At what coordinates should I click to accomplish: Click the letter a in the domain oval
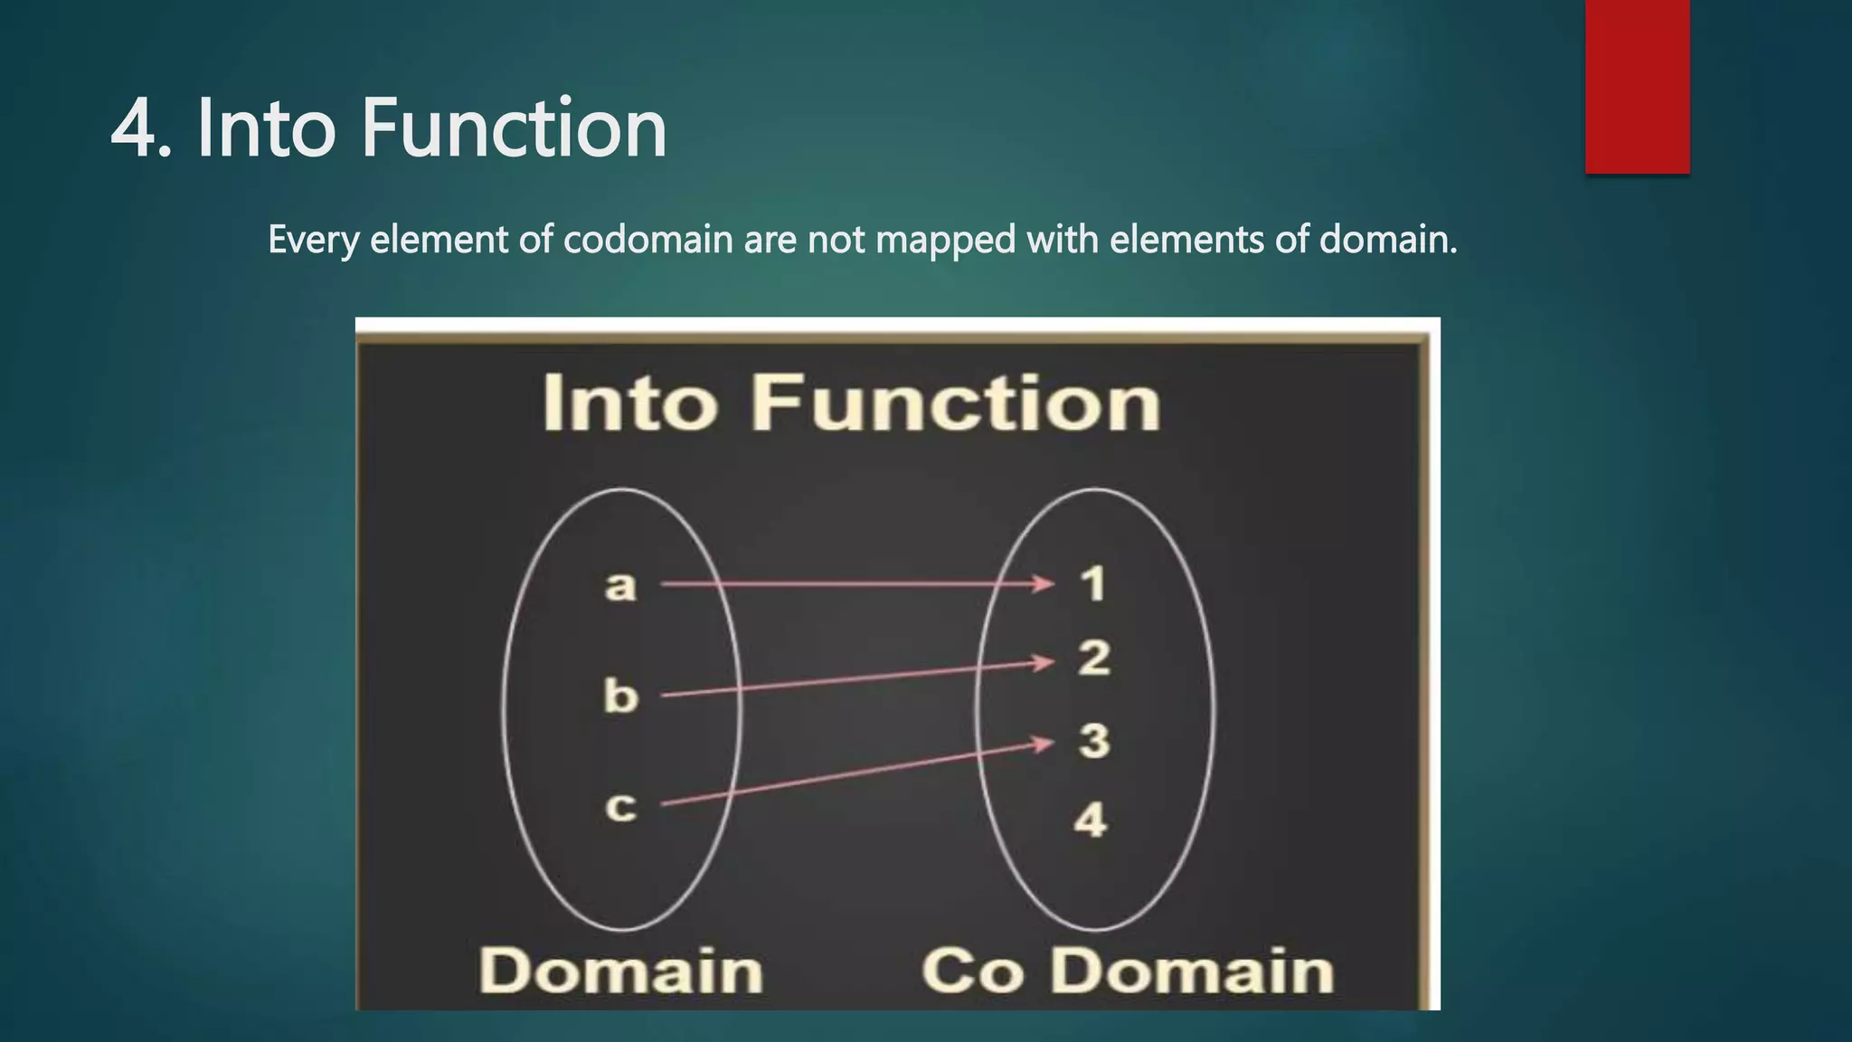coord(620,586)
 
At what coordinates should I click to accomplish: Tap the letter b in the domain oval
coord(620,696)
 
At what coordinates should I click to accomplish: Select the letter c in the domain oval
coord(620,806)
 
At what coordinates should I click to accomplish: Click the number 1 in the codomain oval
coord(1093,583)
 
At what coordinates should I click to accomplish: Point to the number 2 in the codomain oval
coord(1093,658)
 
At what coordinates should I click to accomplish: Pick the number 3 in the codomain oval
coord(1093,741)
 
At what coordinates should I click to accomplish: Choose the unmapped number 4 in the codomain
coord(1091,820)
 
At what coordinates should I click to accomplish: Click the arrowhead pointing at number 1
coord(1044,583)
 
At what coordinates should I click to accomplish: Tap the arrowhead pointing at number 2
coord(1044,663)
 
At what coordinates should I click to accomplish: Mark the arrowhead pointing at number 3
coord(1044,744)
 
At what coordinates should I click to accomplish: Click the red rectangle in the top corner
coord(1637,86)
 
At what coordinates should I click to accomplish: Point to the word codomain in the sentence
coord(647,240)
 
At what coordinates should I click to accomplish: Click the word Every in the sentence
coord(313,241)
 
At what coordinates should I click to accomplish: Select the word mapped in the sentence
coord(946,241)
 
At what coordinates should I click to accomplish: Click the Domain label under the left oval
coord(620,971)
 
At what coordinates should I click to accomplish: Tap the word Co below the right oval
coord(972,971)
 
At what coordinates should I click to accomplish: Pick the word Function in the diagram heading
coord(956,403)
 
